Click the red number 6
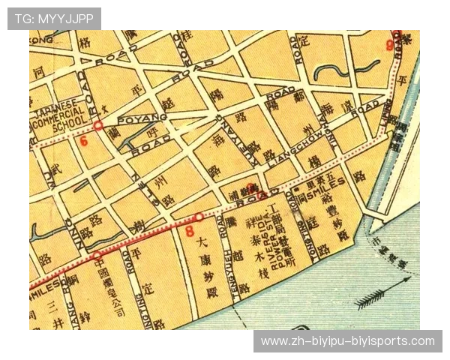[x=83, y=140]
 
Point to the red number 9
[x=389, y=45]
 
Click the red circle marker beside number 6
[x=97, y=125]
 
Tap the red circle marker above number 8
[x=198, y=217]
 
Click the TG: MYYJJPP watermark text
[x=54, y=18]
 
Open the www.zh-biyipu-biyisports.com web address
[x=347, y=341]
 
